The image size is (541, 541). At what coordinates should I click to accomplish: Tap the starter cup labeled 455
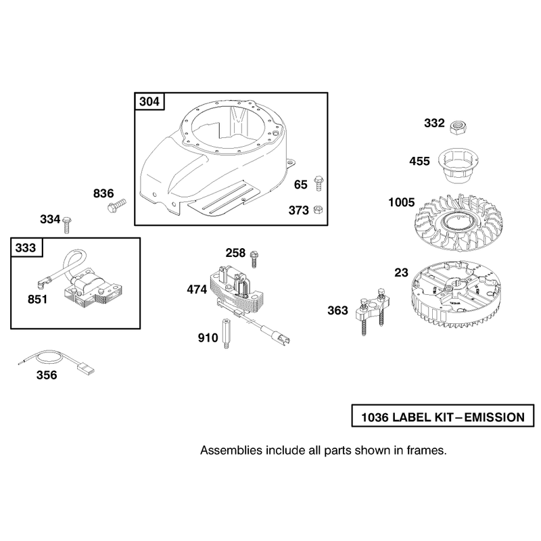[455, 165]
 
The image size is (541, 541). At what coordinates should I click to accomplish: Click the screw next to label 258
[255, 260]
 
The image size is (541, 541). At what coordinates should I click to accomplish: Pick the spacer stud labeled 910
[226, 333]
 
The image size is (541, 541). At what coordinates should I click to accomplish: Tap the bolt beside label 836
[116, 206]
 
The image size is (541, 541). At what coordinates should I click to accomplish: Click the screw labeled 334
[67, 225]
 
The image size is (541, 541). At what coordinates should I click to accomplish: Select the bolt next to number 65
[318, 183]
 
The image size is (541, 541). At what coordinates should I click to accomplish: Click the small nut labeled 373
[318, 209]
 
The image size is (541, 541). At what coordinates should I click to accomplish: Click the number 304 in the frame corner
[149, 101]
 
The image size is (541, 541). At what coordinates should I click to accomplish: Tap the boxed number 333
[26, 248]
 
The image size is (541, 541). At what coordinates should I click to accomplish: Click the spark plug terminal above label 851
[41, 284]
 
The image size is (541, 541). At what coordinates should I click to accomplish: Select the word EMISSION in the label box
[494, 417]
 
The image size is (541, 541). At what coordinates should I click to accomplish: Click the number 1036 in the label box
[375, 417]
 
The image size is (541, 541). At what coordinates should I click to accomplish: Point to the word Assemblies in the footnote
[231, 450]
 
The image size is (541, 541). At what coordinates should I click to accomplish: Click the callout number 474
[197, 289]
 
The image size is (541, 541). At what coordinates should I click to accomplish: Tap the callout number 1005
[401, 202]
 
